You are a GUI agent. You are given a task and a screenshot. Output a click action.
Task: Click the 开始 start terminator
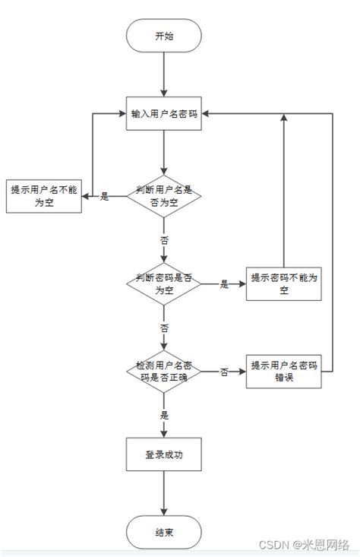coord(164,36)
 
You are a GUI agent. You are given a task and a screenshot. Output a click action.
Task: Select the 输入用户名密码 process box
coord(164,113)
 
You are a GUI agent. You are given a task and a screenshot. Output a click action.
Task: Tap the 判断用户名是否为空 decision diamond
coord(164,197)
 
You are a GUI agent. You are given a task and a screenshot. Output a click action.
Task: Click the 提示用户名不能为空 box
coord(43,197)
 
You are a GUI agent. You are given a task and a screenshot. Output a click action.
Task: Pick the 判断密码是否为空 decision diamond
coord(164,283)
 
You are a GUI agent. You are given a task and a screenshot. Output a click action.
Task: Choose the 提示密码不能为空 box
coord(283,283)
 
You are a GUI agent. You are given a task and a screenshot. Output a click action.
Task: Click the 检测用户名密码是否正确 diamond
coord(164,372)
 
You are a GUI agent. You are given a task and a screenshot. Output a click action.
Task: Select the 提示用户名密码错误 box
coord(283,372)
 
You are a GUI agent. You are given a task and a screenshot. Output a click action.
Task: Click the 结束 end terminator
coord(164,531)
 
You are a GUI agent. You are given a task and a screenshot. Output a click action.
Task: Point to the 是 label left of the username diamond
coord(105,197)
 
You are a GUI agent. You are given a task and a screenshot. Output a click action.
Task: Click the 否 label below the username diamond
coord(164,239)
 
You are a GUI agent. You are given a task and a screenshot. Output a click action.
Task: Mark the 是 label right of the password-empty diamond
coord(224,283)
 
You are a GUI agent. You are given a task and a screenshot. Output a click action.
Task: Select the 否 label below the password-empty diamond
coord(164,328)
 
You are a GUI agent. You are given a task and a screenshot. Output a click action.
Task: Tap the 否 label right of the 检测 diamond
coord(224,372)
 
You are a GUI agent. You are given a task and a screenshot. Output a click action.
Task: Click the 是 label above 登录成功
coord(164,415)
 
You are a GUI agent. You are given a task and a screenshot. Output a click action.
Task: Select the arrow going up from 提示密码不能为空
coord(283,190)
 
